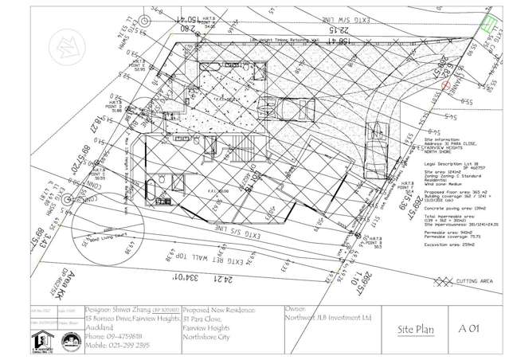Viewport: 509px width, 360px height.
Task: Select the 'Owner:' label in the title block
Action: [295, 306]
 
